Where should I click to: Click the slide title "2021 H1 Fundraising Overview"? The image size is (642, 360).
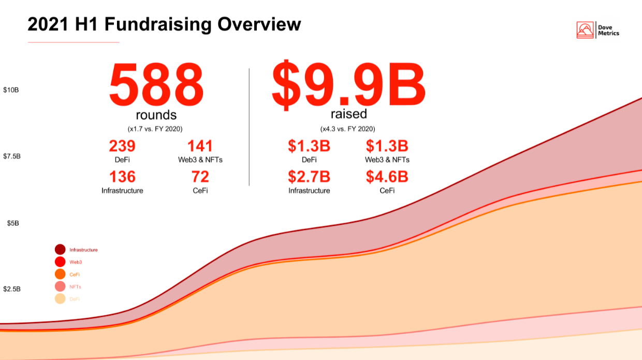click(164, 24)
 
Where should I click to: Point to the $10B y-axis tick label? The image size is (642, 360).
click(11, 90)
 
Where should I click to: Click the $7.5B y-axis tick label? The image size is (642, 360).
click(12, 156)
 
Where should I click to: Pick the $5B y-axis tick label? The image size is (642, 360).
click(11, 223)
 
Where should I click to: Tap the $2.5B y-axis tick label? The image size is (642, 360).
click(12, 289)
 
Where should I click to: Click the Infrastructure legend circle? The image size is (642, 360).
click(60, 250)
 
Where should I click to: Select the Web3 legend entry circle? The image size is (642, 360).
click(60, 262)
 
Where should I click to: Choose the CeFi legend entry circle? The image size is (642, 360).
click(60, 275)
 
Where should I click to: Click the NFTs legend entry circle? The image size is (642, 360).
click(60, 287)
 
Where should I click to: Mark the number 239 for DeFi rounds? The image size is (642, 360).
click(122, 146)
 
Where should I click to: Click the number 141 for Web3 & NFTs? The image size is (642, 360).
click(200, 146)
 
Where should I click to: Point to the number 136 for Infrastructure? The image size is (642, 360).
click(122, 177)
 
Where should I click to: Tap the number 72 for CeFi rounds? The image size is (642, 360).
click(200, 177)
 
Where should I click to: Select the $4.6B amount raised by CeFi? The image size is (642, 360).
click(387, 177)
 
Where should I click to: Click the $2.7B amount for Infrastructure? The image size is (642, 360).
click(309, 177)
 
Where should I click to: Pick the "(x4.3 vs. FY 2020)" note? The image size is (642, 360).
click(348, 128)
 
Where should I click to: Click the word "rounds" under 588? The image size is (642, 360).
click(156, 115)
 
